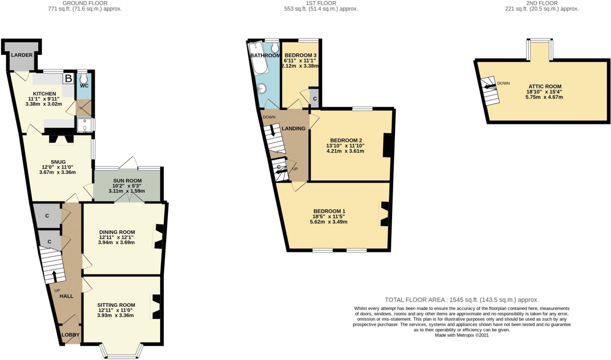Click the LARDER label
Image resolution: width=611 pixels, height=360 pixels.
22,55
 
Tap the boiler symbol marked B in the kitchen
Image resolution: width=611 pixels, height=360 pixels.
68,79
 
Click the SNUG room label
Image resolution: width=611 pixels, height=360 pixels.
58,162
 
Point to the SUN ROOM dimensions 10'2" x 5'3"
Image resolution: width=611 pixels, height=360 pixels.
127,186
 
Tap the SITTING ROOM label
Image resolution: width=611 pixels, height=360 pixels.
116,305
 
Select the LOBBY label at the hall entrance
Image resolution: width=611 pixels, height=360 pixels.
71,335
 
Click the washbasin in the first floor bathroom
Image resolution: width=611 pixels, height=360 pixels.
261,89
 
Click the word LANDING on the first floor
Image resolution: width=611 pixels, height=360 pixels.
293,128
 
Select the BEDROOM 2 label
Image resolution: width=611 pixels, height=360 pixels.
346,141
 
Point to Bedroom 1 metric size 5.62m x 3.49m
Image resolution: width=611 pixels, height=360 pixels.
329,222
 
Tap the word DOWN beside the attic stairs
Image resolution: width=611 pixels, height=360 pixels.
503,83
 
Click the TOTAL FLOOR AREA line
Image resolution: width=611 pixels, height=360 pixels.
461,300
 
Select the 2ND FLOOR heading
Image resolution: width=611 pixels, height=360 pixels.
542,3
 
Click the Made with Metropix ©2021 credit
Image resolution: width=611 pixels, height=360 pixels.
461,335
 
